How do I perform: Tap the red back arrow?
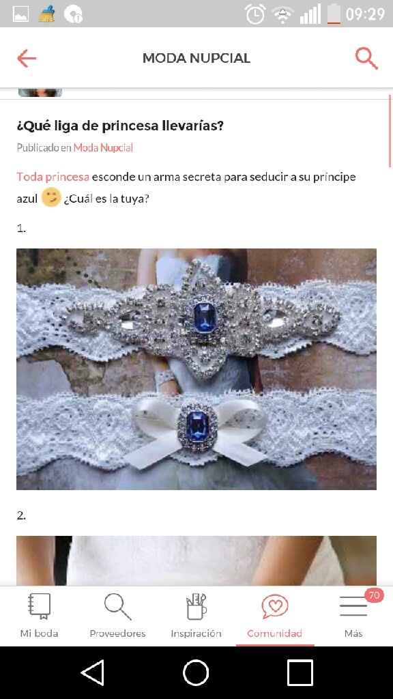[27, 58]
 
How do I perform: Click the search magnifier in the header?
[366, 58]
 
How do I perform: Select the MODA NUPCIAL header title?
[196, 58]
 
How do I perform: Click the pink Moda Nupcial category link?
[103, 147]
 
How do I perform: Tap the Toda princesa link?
[53, 177]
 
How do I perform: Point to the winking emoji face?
[50, 198]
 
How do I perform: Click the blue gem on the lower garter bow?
[194, 423]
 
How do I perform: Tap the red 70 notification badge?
[374, 595]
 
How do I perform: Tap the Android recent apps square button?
[300, 673]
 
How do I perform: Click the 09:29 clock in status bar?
[365, 14]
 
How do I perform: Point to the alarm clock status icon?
[255, 14]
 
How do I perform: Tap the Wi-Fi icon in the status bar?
[282, 14]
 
